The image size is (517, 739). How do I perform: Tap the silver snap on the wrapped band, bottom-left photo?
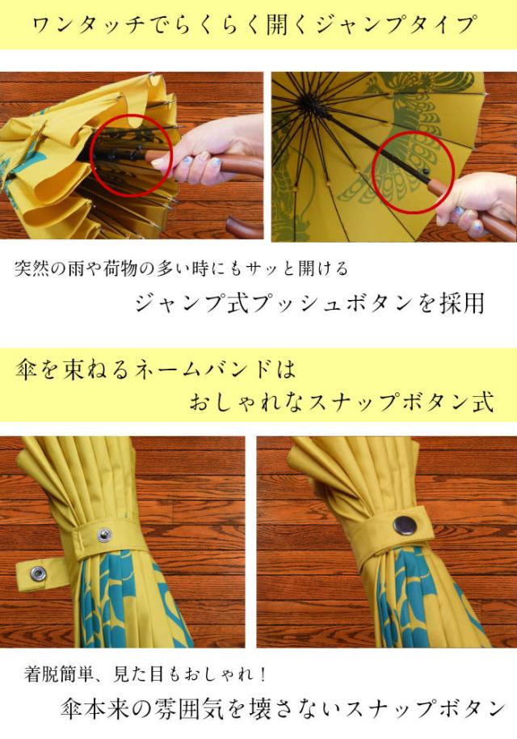tap(104, 534)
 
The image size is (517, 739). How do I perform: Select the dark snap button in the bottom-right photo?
tap(405, 526)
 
